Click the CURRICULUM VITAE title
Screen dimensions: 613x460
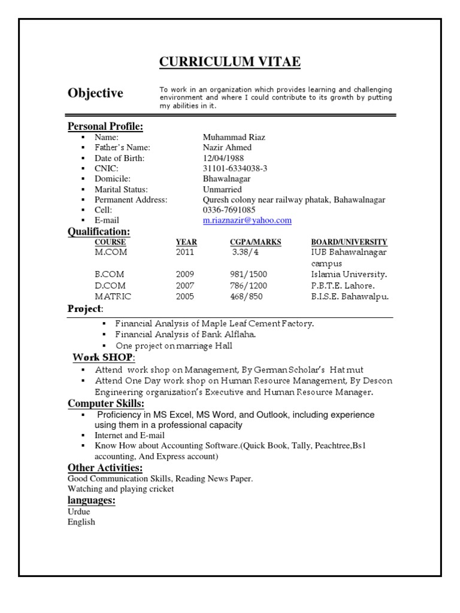(229, 62)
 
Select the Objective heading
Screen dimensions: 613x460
(95, 93)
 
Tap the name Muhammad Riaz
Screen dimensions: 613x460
(234, 137)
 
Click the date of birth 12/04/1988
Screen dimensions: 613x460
(223, 158)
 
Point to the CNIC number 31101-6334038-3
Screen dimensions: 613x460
(235, 169)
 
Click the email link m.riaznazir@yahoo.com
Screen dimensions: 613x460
(247, 220)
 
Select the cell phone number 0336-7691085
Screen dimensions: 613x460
(229, 210)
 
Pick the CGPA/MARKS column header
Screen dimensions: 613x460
(255, 242)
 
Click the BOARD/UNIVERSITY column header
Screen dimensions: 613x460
(349, 242)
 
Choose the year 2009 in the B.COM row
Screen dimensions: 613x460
(185, 274)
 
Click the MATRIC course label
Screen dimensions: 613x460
(113, 296)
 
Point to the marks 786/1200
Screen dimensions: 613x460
(249, 286)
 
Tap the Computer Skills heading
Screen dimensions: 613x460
(105, 403)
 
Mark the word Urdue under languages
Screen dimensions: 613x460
(80, 512)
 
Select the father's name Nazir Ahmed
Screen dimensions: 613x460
(227, 147)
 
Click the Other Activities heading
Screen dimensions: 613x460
(105, 468)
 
